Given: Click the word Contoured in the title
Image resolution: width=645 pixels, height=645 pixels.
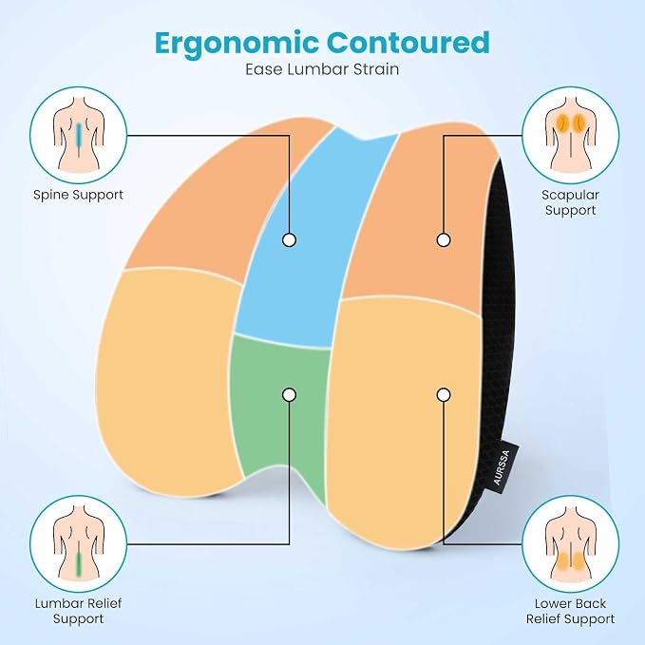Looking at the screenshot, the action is pos(408,42).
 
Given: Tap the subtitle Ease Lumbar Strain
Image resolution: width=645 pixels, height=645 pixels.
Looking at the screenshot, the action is pos(322,69).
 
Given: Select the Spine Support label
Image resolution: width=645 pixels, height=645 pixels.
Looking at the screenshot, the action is pos(78,195).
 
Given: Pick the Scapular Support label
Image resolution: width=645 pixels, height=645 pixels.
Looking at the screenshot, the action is pos(570,202).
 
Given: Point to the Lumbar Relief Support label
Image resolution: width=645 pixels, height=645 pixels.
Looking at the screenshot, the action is pos(78,611).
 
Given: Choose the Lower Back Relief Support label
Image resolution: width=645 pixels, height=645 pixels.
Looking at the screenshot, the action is pos(570,611).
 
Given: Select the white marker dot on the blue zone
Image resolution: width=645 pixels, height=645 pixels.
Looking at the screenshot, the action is pos(289,239).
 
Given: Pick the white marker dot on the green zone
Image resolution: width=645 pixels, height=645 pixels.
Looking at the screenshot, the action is pos(289,395).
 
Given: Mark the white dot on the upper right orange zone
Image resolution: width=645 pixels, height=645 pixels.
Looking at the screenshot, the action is pos(444,239).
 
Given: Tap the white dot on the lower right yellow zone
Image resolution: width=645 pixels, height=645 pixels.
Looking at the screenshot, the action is pos(444,395).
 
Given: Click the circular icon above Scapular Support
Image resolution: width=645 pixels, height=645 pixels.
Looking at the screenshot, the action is pos(571,135).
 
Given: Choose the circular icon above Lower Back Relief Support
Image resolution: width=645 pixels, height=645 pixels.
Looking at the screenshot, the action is pos(571,543).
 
